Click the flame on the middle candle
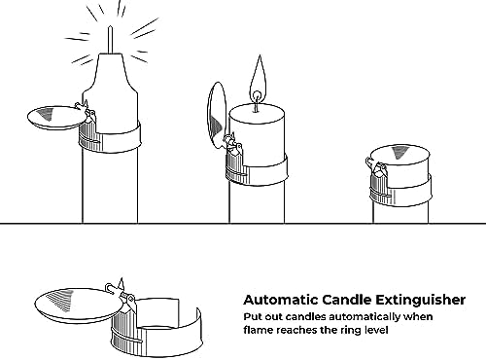(259, 80)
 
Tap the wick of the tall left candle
(110, 39)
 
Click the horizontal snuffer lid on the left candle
(55, 118)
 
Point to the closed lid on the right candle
(400, 157)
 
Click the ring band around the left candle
(110, 137)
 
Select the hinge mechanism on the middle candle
(232, 143)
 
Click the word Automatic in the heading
(281, 300)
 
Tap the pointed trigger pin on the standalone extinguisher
(122, 284)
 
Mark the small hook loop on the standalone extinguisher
(110, 288)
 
